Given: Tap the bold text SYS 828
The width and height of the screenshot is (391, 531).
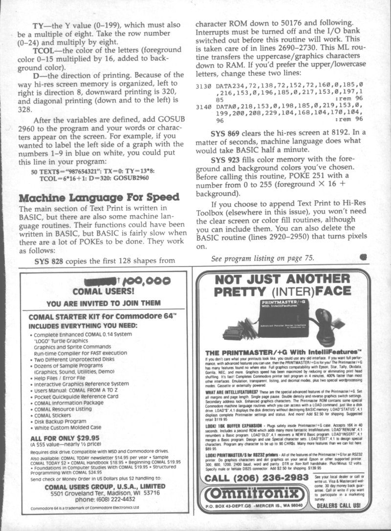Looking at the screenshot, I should click(x=51, y=261).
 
